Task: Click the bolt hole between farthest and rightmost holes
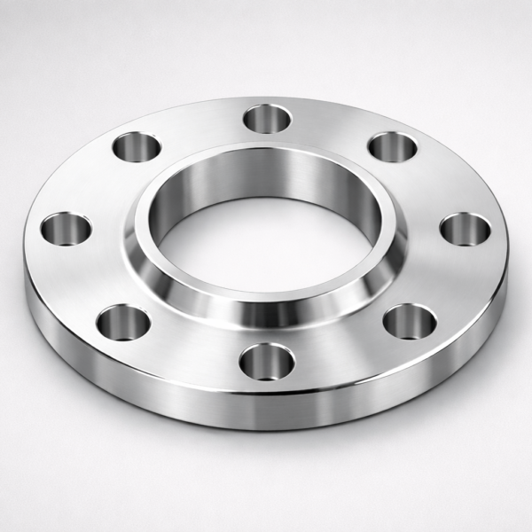[x=393, y=147]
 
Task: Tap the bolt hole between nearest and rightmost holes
[x=407, y=321]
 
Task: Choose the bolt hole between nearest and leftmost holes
[x=121, y=323]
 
